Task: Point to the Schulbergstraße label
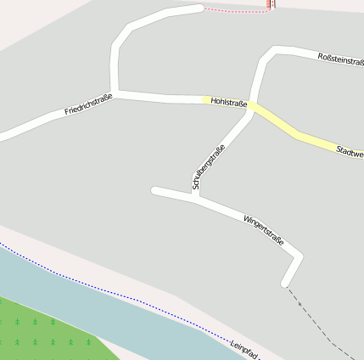(209, 166)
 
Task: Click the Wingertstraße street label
(263, 230)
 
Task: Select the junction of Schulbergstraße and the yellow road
(252, 110)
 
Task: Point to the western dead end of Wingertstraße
(154, 191)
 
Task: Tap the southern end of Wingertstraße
(286, 283)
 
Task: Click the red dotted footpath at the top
(238, 11)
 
